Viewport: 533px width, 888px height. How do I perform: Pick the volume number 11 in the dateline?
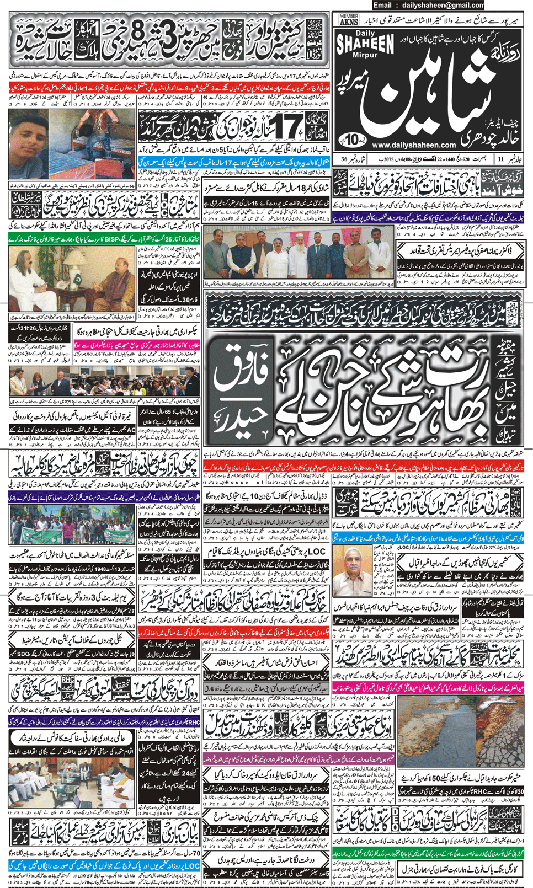pyautogui.click(x=500, y=159)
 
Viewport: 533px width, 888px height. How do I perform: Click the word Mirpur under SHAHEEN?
pyautogui.click(x=365, y=56)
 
